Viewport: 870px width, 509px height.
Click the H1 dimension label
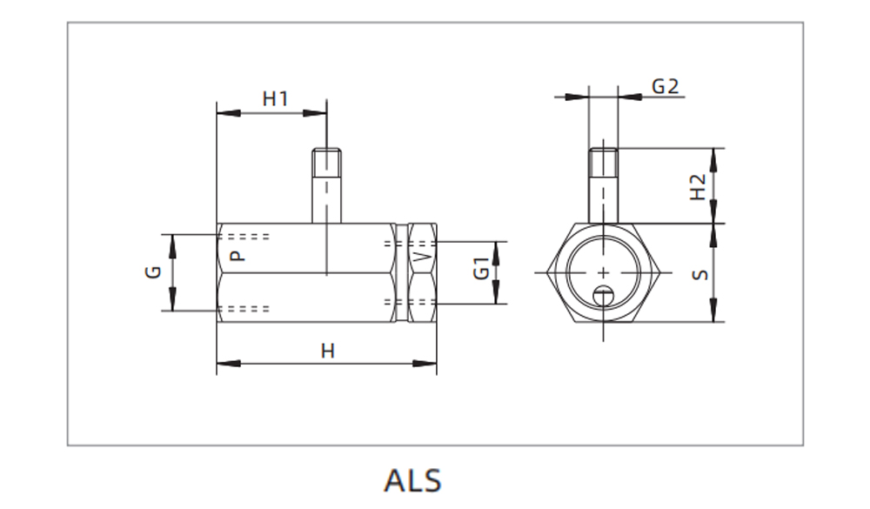point(275,99)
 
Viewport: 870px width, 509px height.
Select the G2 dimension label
point(665,86)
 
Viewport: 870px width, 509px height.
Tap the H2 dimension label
point(698,187)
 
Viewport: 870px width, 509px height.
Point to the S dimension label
point(699,274)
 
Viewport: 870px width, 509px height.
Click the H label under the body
point(327,351)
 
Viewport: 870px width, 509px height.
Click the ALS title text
point(412,480)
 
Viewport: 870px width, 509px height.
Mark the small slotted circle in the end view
point(604,297)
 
